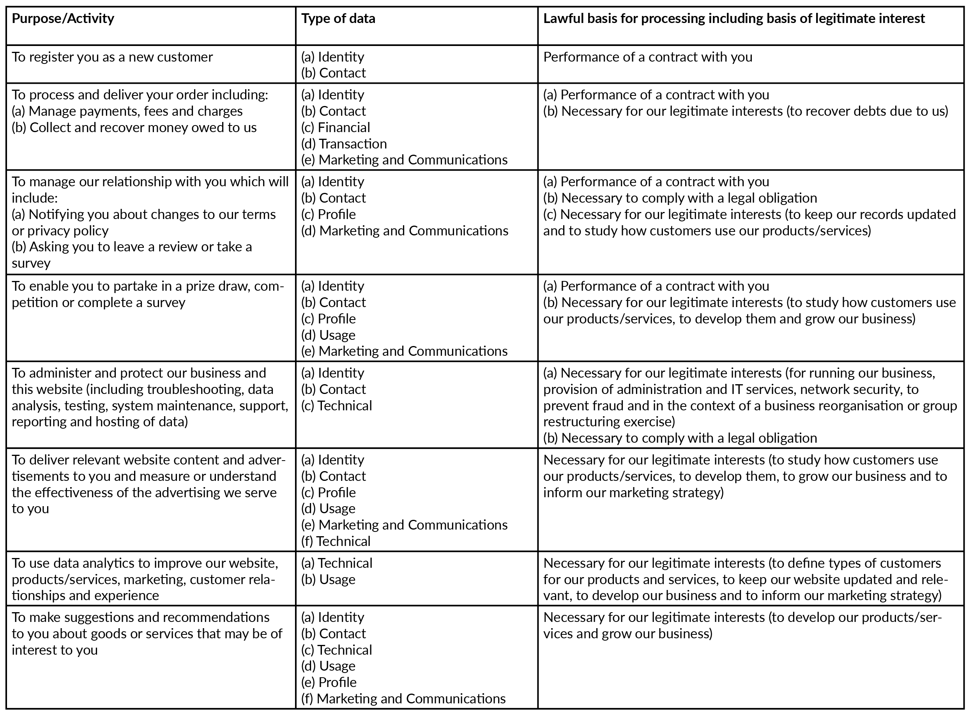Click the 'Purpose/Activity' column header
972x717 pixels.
click(x=63, y=19)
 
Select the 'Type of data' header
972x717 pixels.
click(x=338, y=19)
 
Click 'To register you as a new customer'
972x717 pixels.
click(x=112, y=57)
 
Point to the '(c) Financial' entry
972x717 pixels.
click(x=336, y=127)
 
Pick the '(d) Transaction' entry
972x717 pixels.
click(x=344, y=144)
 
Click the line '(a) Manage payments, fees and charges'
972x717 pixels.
click(x=127, y=111)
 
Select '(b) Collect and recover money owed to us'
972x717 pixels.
click(x=134, y=127)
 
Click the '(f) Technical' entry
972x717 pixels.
click(x=336, y=541)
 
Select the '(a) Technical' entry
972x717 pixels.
click(x=336, y=563)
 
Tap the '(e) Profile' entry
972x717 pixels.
click(x=329, y=682)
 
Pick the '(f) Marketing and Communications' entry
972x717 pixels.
click(x=403, y=699)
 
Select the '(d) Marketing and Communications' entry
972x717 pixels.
click(x=405, y=231)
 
